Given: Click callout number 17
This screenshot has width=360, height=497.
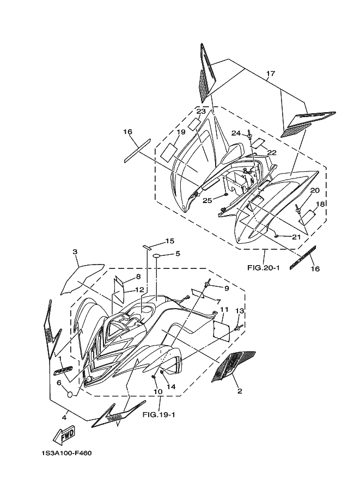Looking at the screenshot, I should [271, 73].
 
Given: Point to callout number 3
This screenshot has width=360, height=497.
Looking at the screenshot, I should [76, 251].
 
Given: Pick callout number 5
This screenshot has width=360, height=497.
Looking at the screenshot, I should [178, 254].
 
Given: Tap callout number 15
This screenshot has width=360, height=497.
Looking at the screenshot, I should [170, 241].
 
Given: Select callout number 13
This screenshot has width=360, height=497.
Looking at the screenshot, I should [239, 310].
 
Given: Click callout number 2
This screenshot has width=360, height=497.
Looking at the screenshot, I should [239, 390].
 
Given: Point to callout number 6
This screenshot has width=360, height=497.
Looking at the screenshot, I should [58, 383].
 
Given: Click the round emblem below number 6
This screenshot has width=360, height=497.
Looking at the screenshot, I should [69, 394].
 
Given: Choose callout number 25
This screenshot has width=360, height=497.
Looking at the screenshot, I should [207, 201].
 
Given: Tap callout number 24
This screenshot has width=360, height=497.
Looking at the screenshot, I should [235, 133].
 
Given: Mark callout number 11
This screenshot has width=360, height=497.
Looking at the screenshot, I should [224, 310].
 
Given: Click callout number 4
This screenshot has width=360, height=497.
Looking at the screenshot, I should [64, 418].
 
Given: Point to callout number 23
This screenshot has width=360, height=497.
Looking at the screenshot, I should [201, 112].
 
